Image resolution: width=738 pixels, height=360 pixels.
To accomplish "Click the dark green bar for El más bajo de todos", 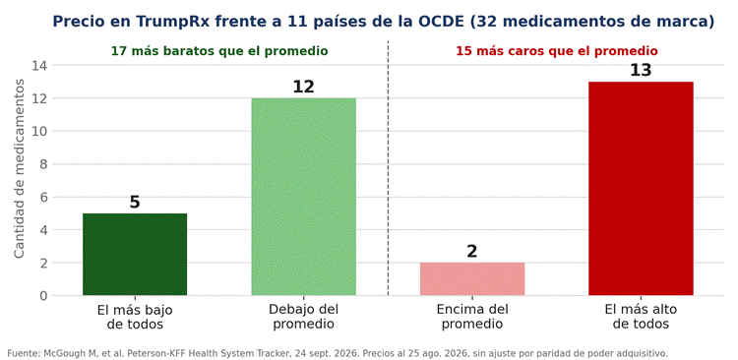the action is tap(135, 254).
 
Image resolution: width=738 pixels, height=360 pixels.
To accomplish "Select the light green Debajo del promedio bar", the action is tap(304, 197).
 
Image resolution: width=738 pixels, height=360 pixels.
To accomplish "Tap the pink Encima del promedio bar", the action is tap(472, 279).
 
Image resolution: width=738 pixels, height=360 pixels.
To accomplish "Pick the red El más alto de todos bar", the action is tap(641, 188).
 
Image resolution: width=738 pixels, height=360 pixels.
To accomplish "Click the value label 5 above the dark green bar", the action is tap(135, 203).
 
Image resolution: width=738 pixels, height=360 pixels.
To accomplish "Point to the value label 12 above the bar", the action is tap(304, 88).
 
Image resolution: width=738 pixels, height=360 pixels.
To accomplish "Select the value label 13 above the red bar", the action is tap(641, 71).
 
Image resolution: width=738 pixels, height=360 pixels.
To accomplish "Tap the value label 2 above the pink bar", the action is tap(472, 252).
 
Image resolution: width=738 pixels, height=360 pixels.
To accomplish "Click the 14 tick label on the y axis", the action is tap(39, 66).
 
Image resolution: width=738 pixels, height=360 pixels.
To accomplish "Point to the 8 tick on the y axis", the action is tap(43, 164).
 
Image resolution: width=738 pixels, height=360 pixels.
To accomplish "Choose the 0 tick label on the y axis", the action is tap(43, 295).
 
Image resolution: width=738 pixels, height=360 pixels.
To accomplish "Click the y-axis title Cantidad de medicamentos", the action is tap(19, 168).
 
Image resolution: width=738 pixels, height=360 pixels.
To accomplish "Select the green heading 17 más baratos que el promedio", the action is tap(219, 51).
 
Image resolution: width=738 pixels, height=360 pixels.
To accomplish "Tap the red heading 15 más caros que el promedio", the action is tap(557, 51).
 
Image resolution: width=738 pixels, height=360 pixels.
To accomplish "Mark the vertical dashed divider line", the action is tap(389, 168).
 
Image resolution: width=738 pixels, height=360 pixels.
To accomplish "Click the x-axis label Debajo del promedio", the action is tap(304, 317).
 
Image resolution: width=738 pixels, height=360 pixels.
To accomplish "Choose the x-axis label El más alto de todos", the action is tap(641, 317).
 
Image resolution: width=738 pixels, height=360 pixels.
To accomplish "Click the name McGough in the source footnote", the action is tap(60, 353).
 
